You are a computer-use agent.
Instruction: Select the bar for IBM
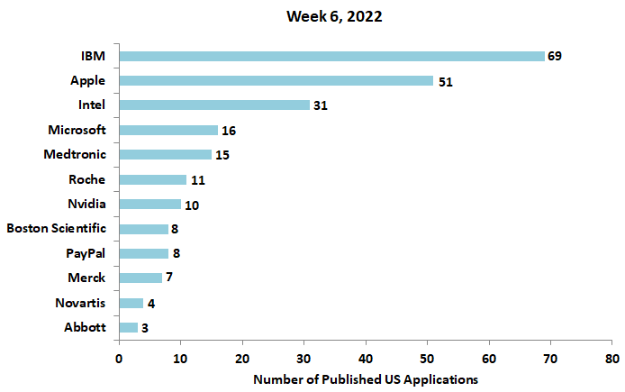[x=331, y=56]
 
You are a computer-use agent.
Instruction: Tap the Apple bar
[x=276, y=80]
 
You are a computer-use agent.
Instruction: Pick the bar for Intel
[x=214, y=105]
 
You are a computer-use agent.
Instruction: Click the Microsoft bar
[x=168, y=130]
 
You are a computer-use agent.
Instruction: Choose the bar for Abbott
[x=129, y=327]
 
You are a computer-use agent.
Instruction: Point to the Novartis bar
[x=131, y=303]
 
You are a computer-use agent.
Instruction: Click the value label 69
[x=555, y=56]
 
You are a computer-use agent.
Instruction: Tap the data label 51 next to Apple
[x=445, y=81]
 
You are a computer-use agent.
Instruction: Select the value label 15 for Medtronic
[x=222, y=155]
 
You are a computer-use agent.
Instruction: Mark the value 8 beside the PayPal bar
[x=177, y=253]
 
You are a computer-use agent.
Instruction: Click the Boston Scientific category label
[x=56, y=228]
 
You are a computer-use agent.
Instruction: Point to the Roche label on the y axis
[x=86, y=179]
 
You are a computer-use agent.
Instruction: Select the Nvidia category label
[x=86, y=204]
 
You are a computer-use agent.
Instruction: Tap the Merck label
[x=86, y=278]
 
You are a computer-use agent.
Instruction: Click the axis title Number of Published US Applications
[x=366, y=379]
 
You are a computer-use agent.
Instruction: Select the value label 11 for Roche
[x=198, y=179]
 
